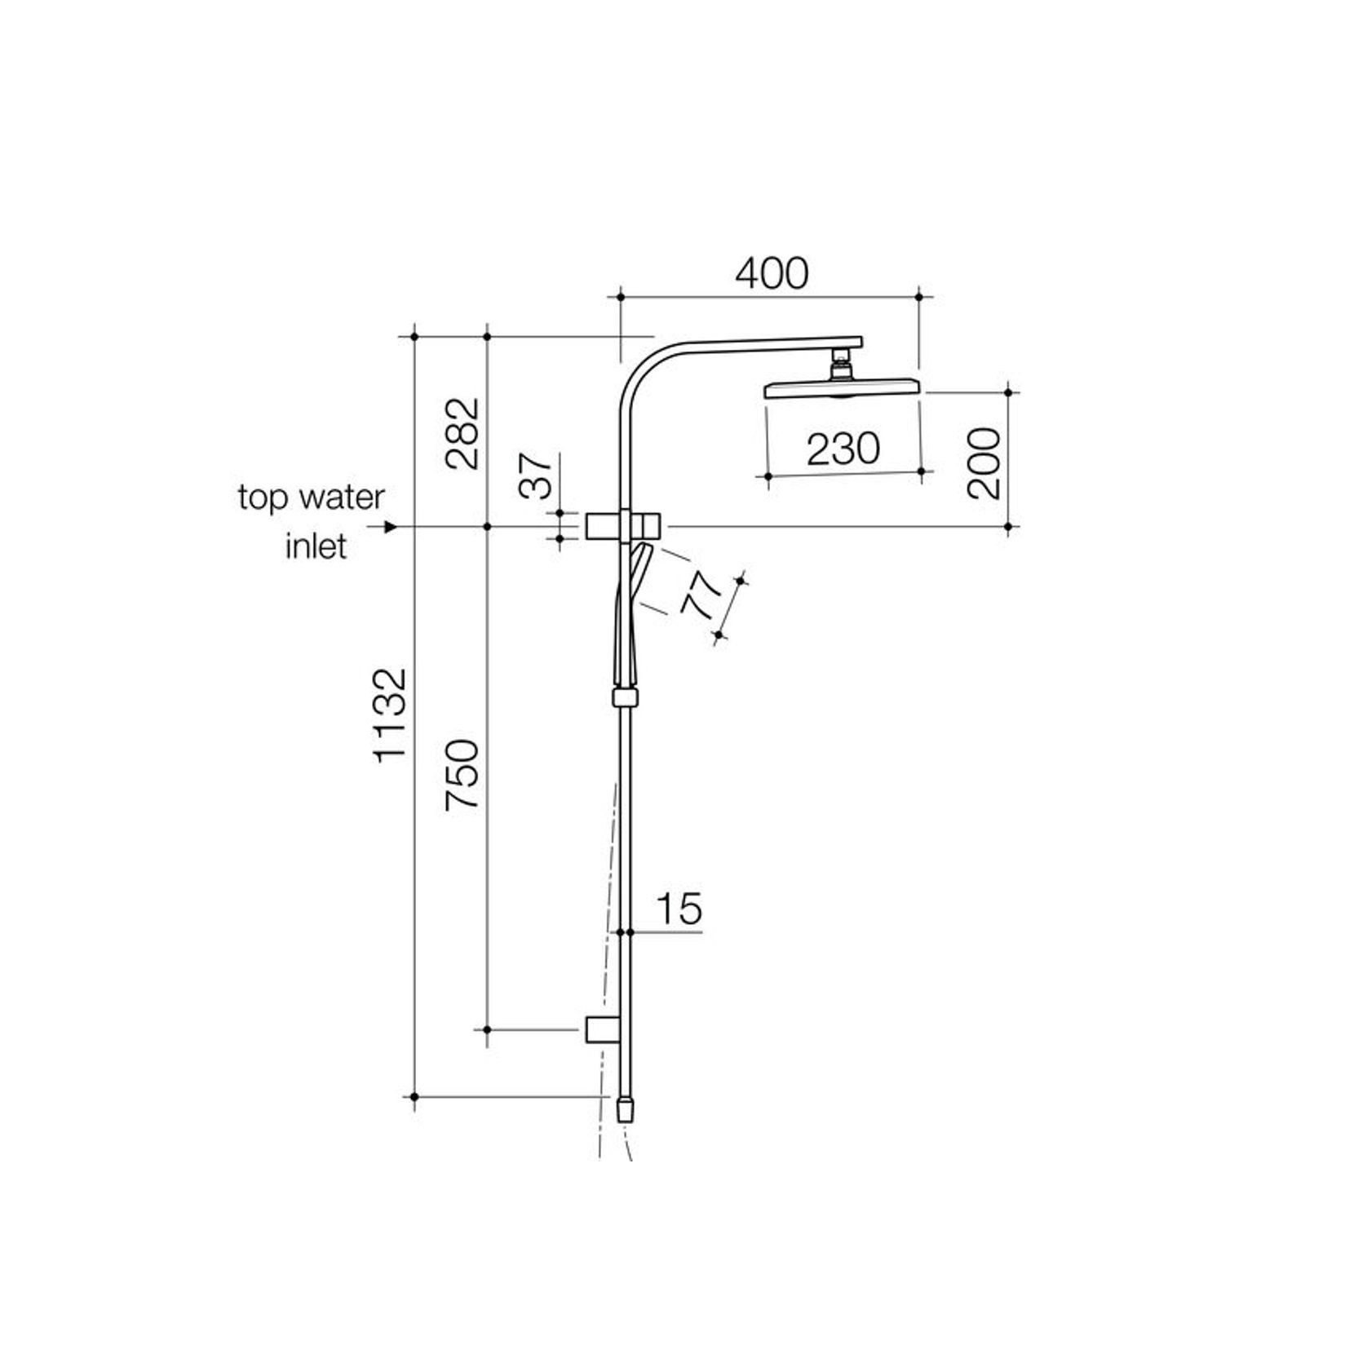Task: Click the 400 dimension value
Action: (x=771, y=274)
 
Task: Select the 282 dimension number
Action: (x=462, y=433)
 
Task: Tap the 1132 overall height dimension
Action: (x=390, y=716)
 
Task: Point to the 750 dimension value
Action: (x=462, y=774)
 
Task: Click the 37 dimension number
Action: (x=537, y=476)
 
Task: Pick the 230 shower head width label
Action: (x=843, y=449)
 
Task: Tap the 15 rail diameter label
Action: (x=679, y=909)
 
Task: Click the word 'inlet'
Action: (x=316, y=546)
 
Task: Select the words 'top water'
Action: (x=311, y=498)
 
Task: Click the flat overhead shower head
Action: (x=842, y=388)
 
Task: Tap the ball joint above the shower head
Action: (x=840, y=366)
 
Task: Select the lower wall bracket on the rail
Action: (x=602, y=1030)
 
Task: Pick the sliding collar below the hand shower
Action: (x=625, y=697)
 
